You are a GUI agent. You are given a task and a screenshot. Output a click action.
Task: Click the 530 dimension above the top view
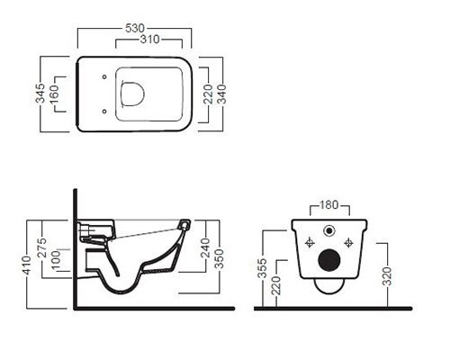[135, 28]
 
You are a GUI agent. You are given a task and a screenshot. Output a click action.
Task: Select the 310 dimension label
[149, 39]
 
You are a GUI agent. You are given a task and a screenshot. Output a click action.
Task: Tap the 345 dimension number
[40, 94]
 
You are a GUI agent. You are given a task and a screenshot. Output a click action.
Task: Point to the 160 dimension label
[54, 94]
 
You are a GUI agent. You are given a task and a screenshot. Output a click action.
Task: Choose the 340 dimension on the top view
[221, 94]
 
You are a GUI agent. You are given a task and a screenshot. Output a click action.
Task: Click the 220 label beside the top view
[208, 94]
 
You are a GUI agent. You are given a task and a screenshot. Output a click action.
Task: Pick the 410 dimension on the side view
[27, 265]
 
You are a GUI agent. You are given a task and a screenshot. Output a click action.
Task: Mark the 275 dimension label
[42, 247]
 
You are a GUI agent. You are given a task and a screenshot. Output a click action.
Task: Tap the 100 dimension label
[56, 260]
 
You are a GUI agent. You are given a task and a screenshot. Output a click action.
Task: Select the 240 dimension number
[205, 247]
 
